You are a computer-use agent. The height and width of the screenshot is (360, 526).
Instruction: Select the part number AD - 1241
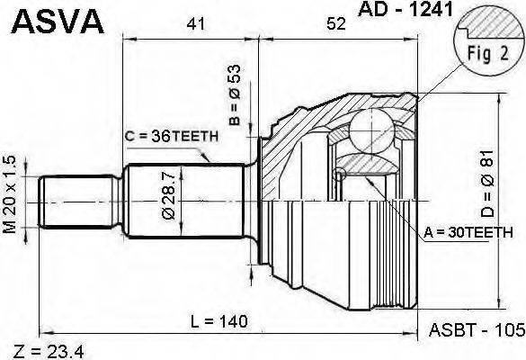pyautogui.click(x=406, y=9)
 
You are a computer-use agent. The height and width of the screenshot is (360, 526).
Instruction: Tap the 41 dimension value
pyautogui.click(x=196, y=23)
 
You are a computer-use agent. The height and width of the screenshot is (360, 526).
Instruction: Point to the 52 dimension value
pyautogui.click(x=336, y=23)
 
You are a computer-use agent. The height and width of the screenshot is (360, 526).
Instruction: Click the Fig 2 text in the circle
pyautogui.click(x=488, y=53)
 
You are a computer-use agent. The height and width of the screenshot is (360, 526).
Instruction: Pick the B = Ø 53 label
pyautogui.click(x=236, y=94)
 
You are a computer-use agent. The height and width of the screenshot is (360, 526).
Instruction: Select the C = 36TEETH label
pyautogui.click(x=172, y=136)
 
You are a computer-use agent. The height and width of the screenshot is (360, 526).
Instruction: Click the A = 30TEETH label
pyautogui.click(x=468, y=232)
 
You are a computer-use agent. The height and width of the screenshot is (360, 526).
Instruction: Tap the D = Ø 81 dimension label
pyautogui.click(x=487, y=183)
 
